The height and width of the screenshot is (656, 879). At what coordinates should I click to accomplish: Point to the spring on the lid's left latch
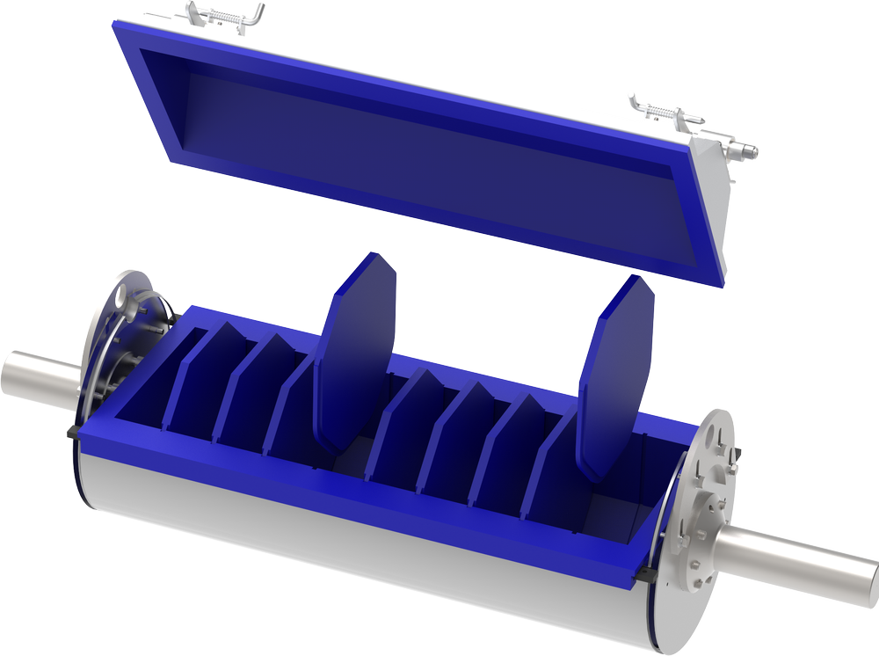click(228, 17)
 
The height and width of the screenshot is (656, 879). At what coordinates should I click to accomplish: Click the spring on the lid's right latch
click(662, 113)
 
